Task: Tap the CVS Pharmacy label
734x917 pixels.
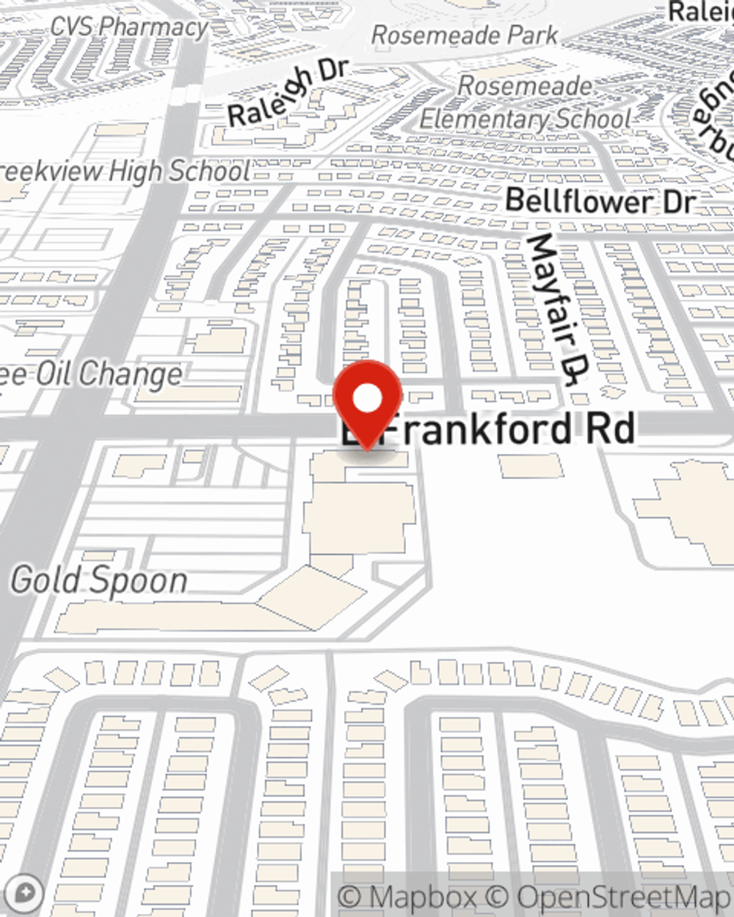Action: [x=129, y=28]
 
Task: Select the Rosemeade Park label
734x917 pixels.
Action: [x=465, y=35]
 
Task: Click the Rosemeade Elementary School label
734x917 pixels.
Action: [x=525, y=103]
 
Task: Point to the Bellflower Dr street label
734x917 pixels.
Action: [x=600, y=201]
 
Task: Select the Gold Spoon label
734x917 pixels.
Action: [x=99, y=580]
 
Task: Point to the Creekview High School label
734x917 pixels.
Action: [x=125, y=172]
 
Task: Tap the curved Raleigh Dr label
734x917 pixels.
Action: [x=286, y=94]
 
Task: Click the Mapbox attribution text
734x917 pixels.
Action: [x=407, y=896]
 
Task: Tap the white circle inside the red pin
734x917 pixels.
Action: [x=368, y=399]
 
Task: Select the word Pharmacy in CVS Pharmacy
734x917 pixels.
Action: [x=154, y=28]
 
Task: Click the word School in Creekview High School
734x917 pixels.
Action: [x=210, y=172]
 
